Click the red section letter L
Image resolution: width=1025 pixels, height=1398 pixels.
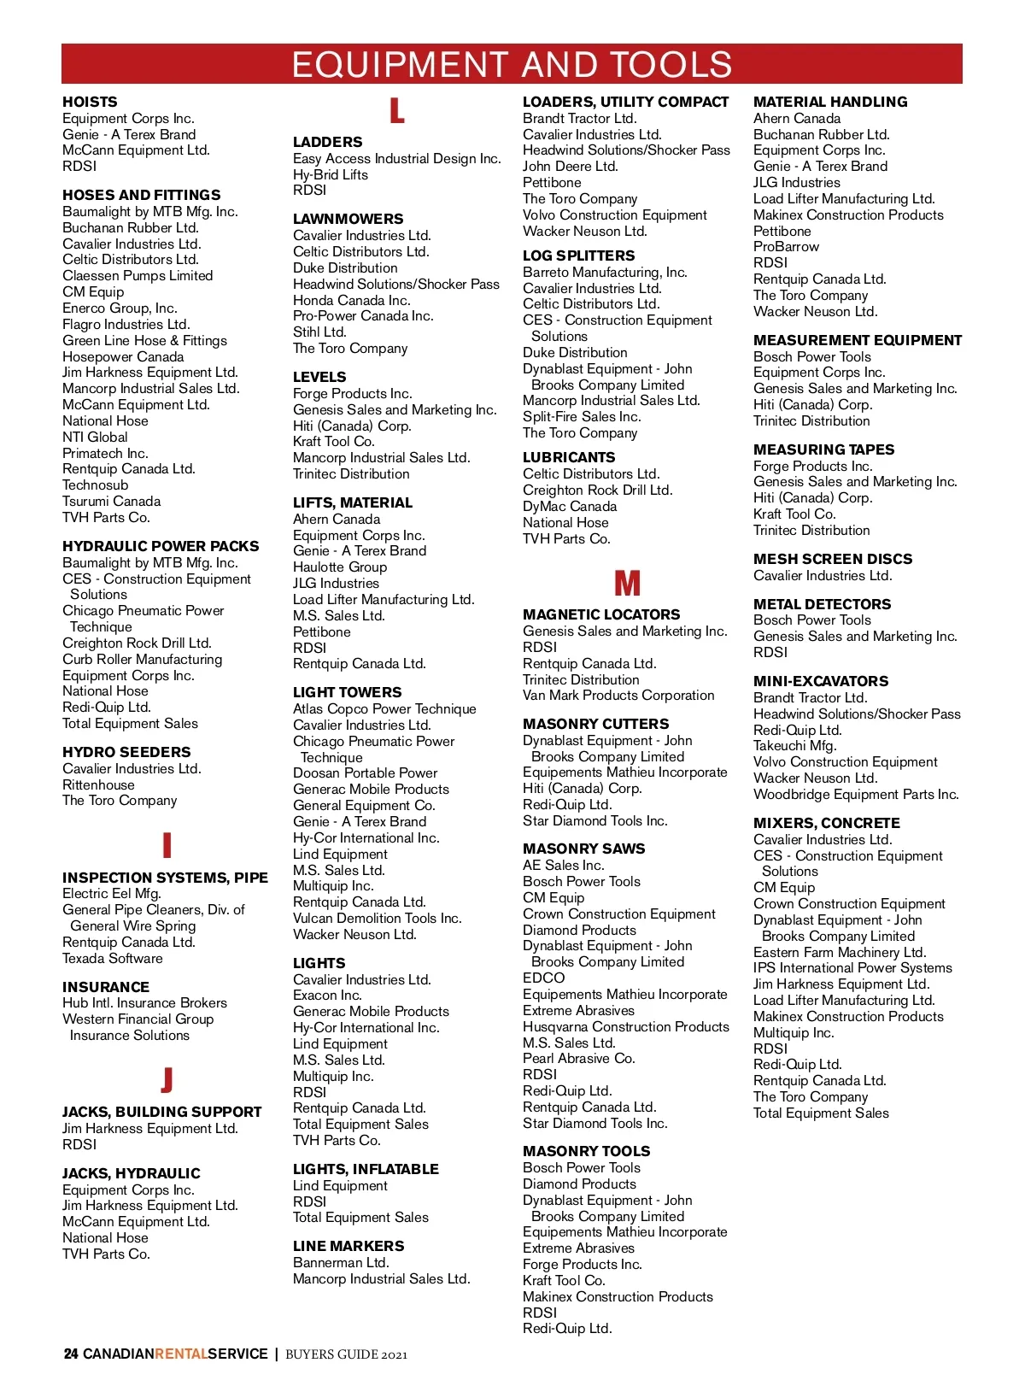397,111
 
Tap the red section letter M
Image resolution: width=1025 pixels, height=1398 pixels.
627,584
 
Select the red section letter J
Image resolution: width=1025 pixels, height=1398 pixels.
167,1080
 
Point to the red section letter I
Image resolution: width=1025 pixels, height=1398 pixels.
167,845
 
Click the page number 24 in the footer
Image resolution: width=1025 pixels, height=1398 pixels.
71,1354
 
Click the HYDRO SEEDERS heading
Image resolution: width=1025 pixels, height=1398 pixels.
126,752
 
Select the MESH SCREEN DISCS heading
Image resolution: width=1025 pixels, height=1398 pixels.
832,559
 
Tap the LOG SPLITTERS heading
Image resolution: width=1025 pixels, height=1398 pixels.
578,256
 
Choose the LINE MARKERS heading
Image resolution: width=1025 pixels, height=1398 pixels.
348,1246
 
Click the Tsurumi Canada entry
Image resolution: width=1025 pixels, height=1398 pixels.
111,502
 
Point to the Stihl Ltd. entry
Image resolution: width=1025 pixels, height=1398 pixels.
319,332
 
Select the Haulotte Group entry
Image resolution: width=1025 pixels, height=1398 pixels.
339,567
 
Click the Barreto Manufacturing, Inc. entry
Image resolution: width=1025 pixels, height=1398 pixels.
605,273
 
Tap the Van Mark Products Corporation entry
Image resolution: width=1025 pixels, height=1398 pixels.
618,696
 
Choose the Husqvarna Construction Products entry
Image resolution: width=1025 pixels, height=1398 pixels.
626,1027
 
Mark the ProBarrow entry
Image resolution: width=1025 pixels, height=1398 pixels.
786,247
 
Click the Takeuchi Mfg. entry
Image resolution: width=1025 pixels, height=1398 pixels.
794,746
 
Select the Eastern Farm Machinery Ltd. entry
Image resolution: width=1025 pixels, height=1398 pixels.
839,953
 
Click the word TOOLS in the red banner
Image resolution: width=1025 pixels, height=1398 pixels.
671,65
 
